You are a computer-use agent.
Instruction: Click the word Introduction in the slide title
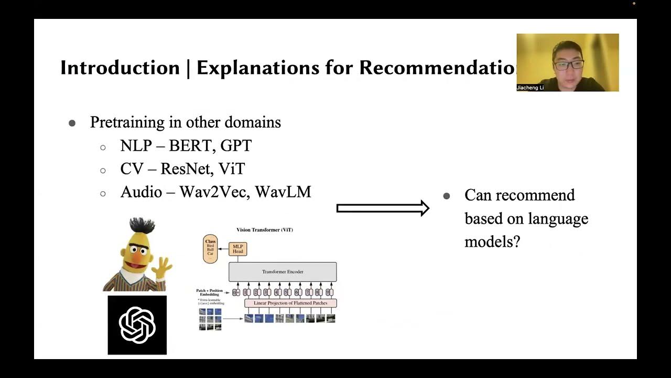pyautogui.click(x=120, y=68)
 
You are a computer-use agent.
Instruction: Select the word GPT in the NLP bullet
pyautogui.click(x=236, y=145)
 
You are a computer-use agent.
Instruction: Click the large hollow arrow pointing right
pyautogui.click(x=383, y=208)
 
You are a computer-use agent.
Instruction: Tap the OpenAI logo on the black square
pyautogui.click(x=137, y=325)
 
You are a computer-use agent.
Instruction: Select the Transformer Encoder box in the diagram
pyautogui.click(x=283, y=272)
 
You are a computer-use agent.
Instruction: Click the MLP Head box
pyautogui.click(x=238, y=249)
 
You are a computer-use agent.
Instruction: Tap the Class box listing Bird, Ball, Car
pyautogui.click(x=210, y=248)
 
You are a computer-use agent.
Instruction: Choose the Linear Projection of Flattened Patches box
pyautogui.click(x=290, y=303)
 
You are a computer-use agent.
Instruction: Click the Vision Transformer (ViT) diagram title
pyautogui.click(x=265, y=230)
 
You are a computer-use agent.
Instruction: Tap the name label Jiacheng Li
pyautogui.click(x=531, y=88)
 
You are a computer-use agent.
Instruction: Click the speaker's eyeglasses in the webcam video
pyautogui.click(x=569, y=65)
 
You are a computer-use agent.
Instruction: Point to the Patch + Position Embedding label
pyautogui.click(x=209, y=292)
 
